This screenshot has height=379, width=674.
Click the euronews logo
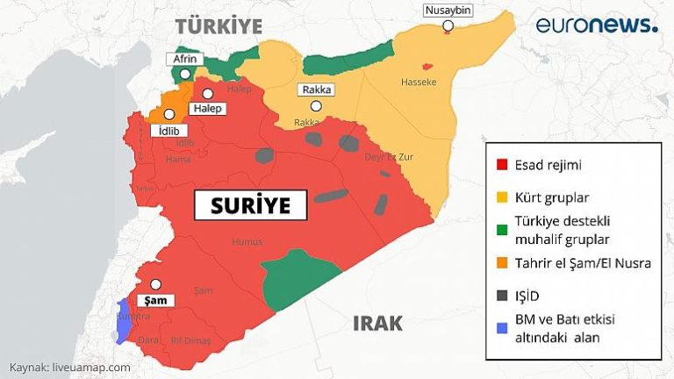click(597, 25)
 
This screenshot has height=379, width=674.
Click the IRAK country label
click(377, 323)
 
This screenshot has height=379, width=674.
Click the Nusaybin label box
click(448, 11)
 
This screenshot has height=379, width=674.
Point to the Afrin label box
click(185, 60)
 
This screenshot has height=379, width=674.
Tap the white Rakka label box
click(316, 89)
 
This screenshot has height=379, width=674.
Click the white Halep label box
click(206, 109)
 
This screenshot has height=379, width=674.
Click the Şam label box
click(155, 300)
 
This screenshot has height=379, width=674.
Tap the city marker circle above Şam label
click(155, 284)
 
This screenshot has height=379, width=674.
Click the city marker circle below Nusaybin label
click(448, 26)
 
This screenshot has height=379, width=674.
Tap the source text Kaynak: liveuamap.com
click(70, 367)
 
